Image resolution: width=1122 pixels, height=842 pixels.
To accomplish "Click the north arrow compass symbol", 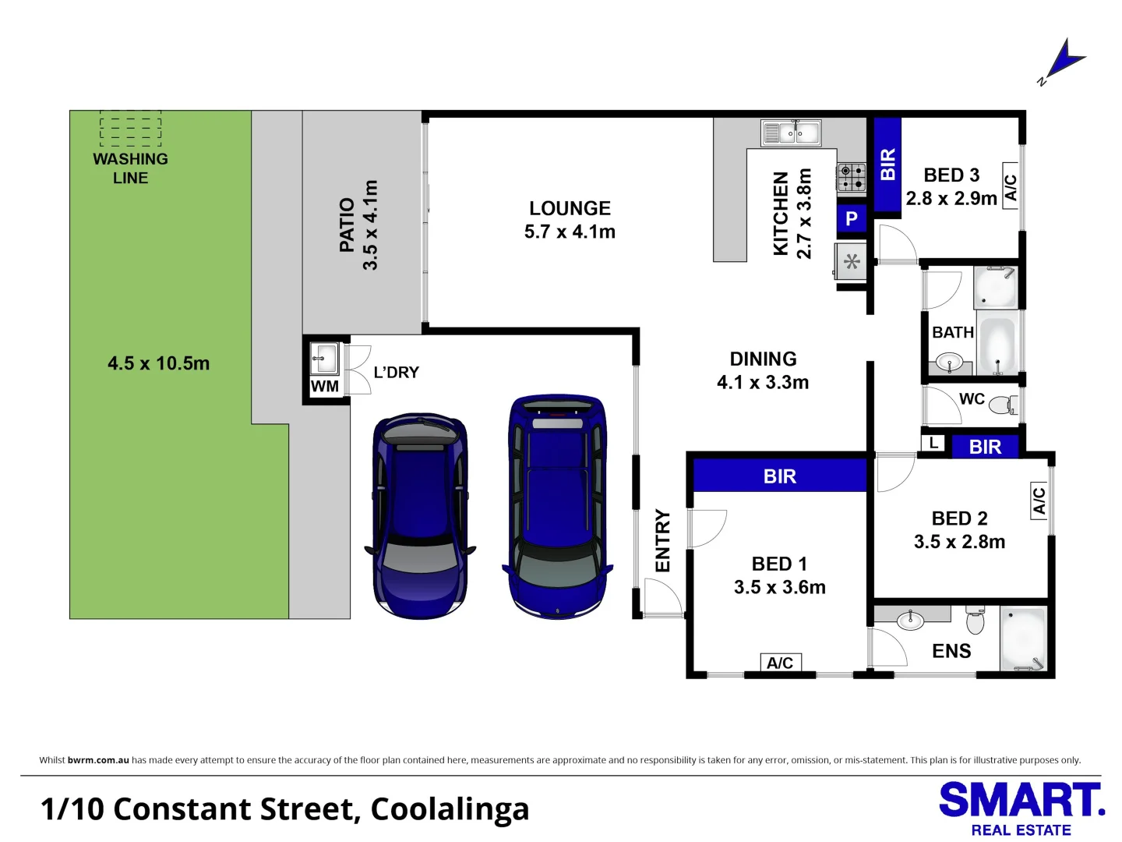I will pyautogui.click(x=1063, y=60).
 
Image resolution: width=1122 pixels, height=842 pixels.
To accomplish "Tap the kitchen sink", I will pyautogui.click(x=791, y=133).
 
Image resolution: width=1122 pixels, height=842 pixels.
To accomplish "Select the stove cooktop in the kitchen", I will pyautogui.click(x=851, y=177).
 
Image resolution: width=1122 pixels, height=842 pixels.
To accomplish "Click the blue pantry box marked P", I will pyautogui.click(x=852, y=219).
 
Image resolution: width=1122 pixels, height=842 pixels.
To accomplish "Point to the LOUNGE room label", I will pyautogui.click(x=570, y=208).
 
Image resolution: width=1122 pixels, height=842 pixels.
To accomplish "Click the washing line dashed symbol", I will pyautogui.click(x=130, y=129).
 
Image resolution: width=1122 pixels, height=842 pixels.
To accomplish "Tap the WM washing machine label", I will pyautogui.click(x=325, y=386).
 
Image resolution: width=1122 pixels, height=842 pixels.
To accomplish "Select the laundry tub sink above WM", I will pyautogui.click(x=325, y=359).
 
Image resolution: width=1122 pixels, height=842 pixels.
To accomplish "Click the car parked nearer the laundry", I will pyautogui.click(x=420, y=515).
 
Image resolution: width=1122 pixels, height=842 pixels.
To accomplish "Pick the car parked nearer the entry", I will pyautogui.click(x=557, y=507).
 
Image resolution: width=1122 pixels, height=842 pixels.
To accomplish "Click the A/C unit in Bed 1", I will pyautogui.click(x=780, y=663).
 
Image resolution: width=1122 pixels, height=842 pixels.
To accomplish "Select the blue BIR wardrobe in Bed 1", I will pyautogui.click(x=780, y=476).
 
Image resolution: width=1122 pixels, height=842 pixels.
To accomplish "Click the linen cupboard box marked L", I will pyautogui.click(x=933, y=443).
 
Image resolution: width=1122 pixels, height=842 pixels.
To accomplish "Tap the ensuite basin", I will pyautogui.click(x=910, y=621).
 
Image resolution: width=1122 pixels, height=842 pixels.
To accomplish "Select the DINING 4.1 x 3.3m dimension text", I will pyautogui.click(x=763, y=382).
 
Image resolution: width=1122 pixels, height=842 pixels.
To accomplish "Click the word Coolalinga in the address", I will pyautogui.click(x=450, y=809).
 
